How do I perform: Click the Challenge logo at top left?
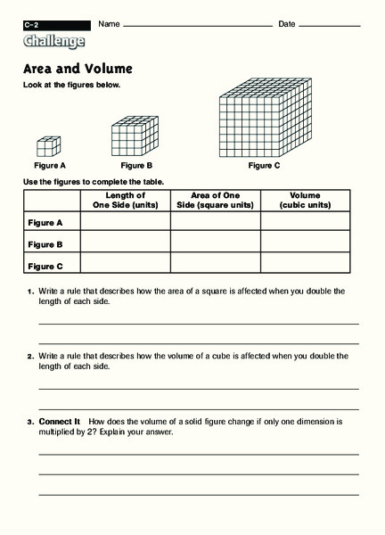tap(55, 41)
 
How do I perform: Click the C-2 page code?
tap(32, 23)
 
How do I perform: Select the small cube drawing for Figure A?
tap(49, 146)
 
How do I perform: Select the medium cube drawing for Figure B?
tap(134, 138)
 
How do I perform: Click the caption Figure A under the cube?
tap(50, 166)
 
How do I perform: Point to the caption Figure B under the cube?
tap(136, 166)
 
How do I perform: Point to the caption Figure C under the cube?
tap(264, 166)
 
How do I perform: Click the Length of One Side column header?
tap(125, 200)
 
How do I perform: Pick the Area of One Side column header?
tap(215, 200)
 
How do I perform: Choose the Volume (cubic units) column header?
tap(305, 200)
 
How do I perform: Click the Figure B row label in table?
tap(45, 243)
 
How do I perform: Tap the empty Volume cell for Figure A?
tap(305, 221)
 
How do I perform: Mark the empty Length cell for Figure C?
tap(125, 264)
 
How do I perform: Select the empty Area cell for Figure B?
tap(215, 243)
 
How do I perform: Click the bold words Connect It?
tap(61, 419)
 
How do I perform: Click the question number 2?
tap(29, 355)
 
